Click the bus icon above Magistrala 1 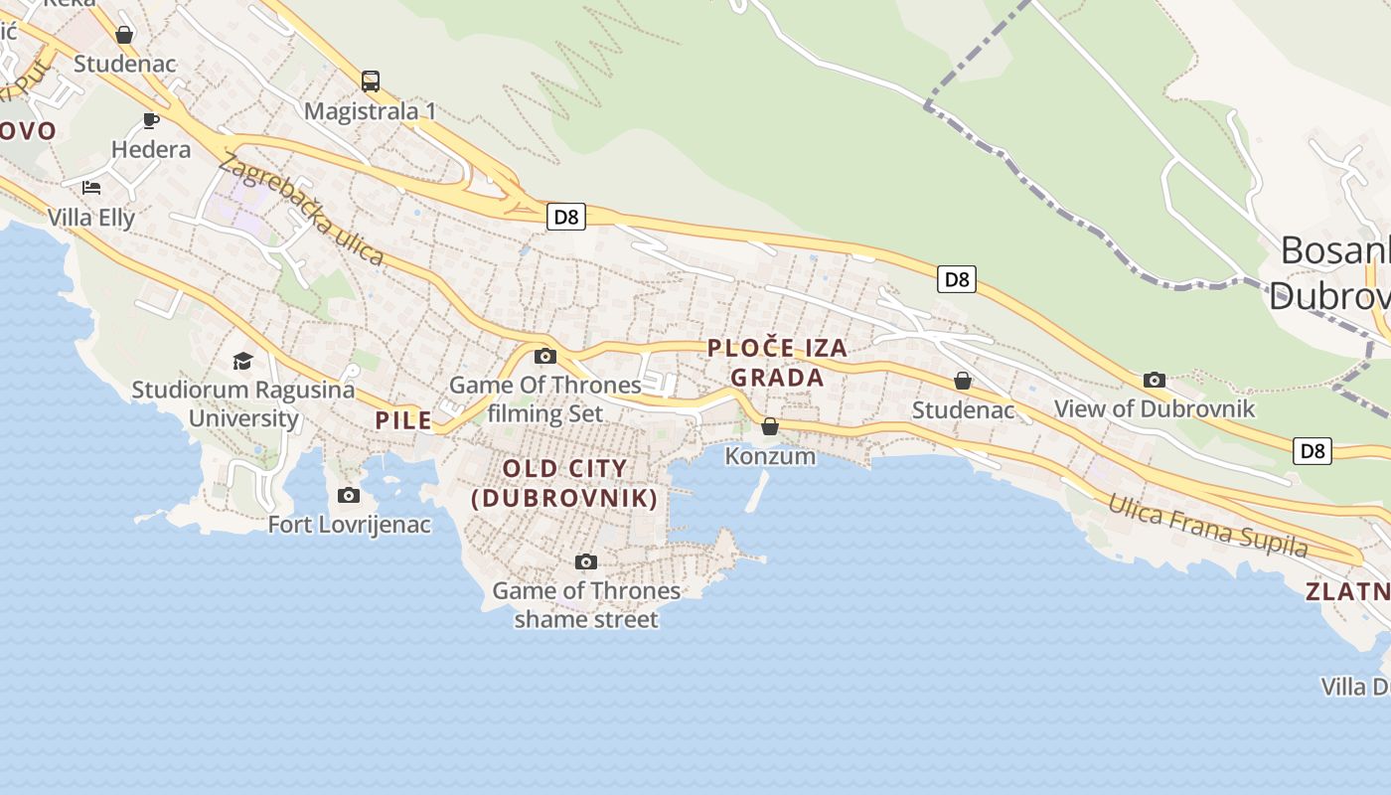[371, 81]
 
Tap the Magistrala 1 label [370, 111]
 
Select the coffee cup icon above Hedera [151, 121]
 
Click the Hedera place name [151, 150]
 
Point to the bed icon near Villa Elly [91, 187]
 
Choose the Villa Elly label [91, 218]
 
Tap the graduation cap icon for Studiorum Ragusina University [243, 361]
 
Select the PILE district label [403, 420]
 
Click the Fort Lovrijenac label [350, 525]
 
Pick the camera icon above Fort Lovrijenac [349, 495]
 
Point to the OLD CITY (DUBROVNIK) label [564, 483]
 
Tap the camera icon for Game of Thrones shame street [586, 562]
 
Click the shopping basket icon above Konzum [770, 427]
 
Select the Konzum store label [770, 456]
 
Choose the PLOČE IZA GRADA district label [777, 363]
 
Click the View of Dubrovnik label [1155, 408]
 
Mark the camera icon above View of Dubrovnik [1155, 380]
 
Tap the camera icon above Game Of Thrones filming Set [545, 357]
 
